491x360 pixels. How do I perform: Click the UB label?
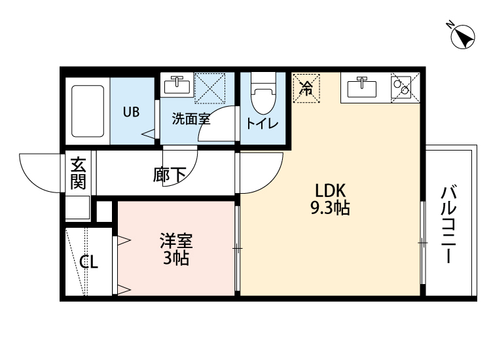click(x=132, y=111)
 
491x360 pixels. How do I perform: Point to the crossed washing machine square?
click(x=210, y=87)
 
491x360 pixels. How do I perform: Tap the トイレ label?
click(x=263, y=124)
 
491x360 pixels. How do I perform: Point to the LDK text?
click(x=331, y=191)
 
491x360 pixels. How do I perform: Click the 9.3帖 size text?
click(x=330, y=209)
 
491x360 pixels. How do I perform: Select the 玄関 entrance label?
click(x=79, y=173)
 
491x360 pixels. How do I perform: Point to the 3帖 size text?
click(x=175, y=259)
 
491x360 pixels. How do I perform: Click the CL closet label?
click(x=89, y=262)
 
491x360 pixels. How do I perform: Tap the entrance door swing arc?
click(x=41, y=171)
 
